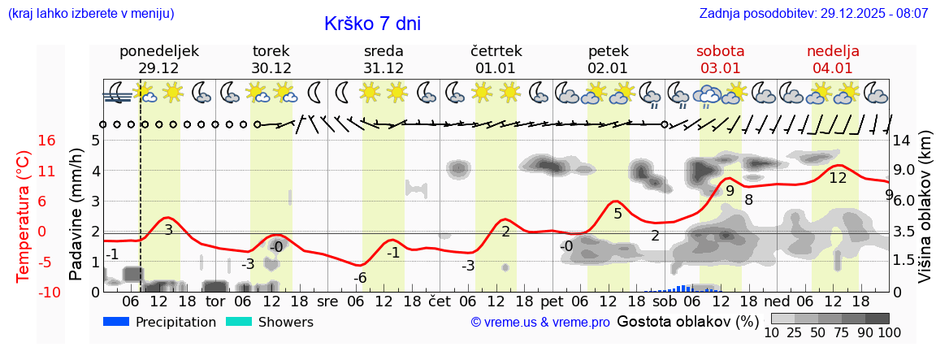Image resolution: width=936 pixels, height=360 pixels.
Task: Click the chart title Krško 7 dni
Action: coord(372,24)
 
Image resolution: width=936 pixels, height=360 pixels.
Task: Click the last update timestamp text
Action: coord(813,14)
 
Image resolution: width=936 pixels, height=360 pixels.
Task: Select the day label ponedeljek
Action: coord(158,51)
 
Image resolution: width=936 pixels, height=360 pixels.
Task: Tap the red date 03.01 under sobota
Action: coord(720,68)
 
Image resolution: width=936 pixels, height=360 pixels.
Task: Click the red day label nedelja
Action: coord(833,51)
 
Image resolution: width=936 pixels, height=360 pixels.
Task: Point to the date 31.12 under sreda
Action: coord(383,68)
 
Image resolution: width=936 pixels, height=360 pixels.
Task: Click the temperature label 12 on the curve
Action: coord(838,178)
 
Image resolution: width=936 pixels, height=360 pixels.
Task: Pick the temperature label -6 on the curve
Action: coord(360,278)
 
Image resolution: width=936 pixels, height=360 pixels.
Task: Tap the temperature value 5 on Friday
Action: coord(617,214)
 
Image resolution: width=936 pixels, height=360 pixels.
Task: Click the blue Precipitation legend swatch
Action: coord(117,322)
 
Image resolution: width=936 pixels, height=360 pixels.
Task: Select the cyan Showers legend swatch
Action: coord(239,322)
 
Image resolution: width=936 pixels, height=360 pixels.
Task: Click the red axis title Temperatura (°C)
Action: coord(23,215)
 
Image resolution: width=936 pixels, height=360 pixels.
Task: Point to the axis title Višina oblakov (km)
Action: coord(925,215)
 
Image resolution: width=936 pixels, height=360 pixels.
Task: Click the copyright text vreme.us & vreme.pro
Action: coord(540,323)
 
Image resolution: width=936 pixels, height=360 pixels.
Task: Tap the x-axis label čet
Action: coord(439,301)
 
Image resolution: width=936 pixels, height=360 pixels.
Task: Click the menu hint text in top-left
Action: coord(91,14)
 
